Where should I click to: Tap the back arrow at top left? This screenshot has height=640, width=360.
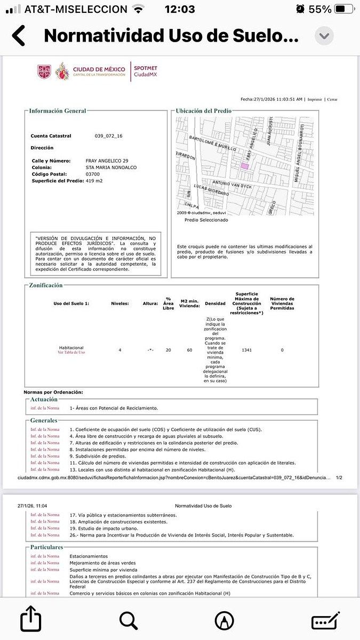tap(19, 36)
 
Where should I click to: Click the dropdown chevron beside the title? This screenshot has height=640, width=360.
tap(325, 36)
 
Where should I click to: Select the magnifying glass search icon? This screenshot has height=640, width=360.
tap(129, 621)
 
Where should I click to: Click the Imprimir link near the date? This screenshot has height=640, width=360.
tap(315, 99)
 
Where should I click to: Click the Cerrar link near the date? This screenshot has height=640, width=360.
tap(332, 99)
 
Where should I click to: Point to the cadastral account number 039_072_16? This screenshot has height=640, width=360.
tap(109, 136)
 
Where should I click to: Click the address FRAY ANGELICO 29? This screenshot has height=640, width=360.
tap(107, 161)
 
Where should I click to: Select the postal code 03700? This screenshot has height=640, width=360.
tap(93, 174)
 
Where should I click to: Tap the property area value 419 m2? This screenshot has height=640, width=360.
tap(94, 181)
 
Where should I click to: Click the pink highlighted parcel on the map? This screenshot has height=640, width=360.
tap(245, 166)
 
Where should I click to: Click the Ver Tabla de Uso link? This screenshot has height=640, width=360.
tap(71, 353)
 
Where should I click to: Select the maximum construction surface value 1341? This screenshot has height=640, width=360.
tap(246, 350)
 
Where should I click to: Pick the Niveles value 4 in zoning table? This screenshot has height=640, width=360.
tap(119, 350)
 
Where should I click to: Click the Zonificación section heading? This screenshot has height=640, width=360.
tap(46, 285)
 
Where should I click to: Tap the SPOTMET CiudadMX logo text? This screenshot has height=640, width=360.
tap(145, 71)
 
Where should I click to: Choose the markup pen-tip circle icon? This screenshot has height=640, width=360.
tap(224, 621)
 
